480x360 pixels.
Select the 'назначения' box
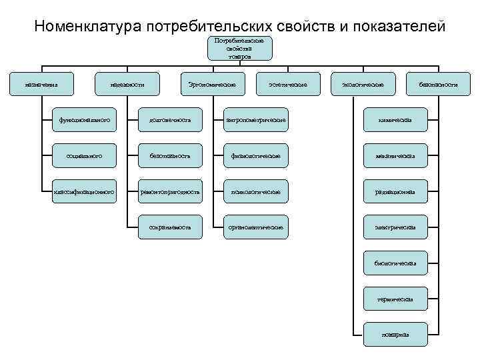pos(41,85)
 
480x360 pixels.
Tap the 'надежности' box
pos(127,85)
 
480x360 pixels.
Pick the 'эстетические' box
pos(287,85)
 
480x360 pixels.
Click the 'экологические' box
pos(362,85)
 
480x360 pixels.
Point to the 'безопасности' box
pos(438,85)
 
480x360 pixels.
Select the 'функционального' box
pos(85,120)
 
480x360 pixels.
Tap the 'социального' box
pos(85,156)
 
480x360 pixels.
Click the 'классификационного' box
pos(85,192)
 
